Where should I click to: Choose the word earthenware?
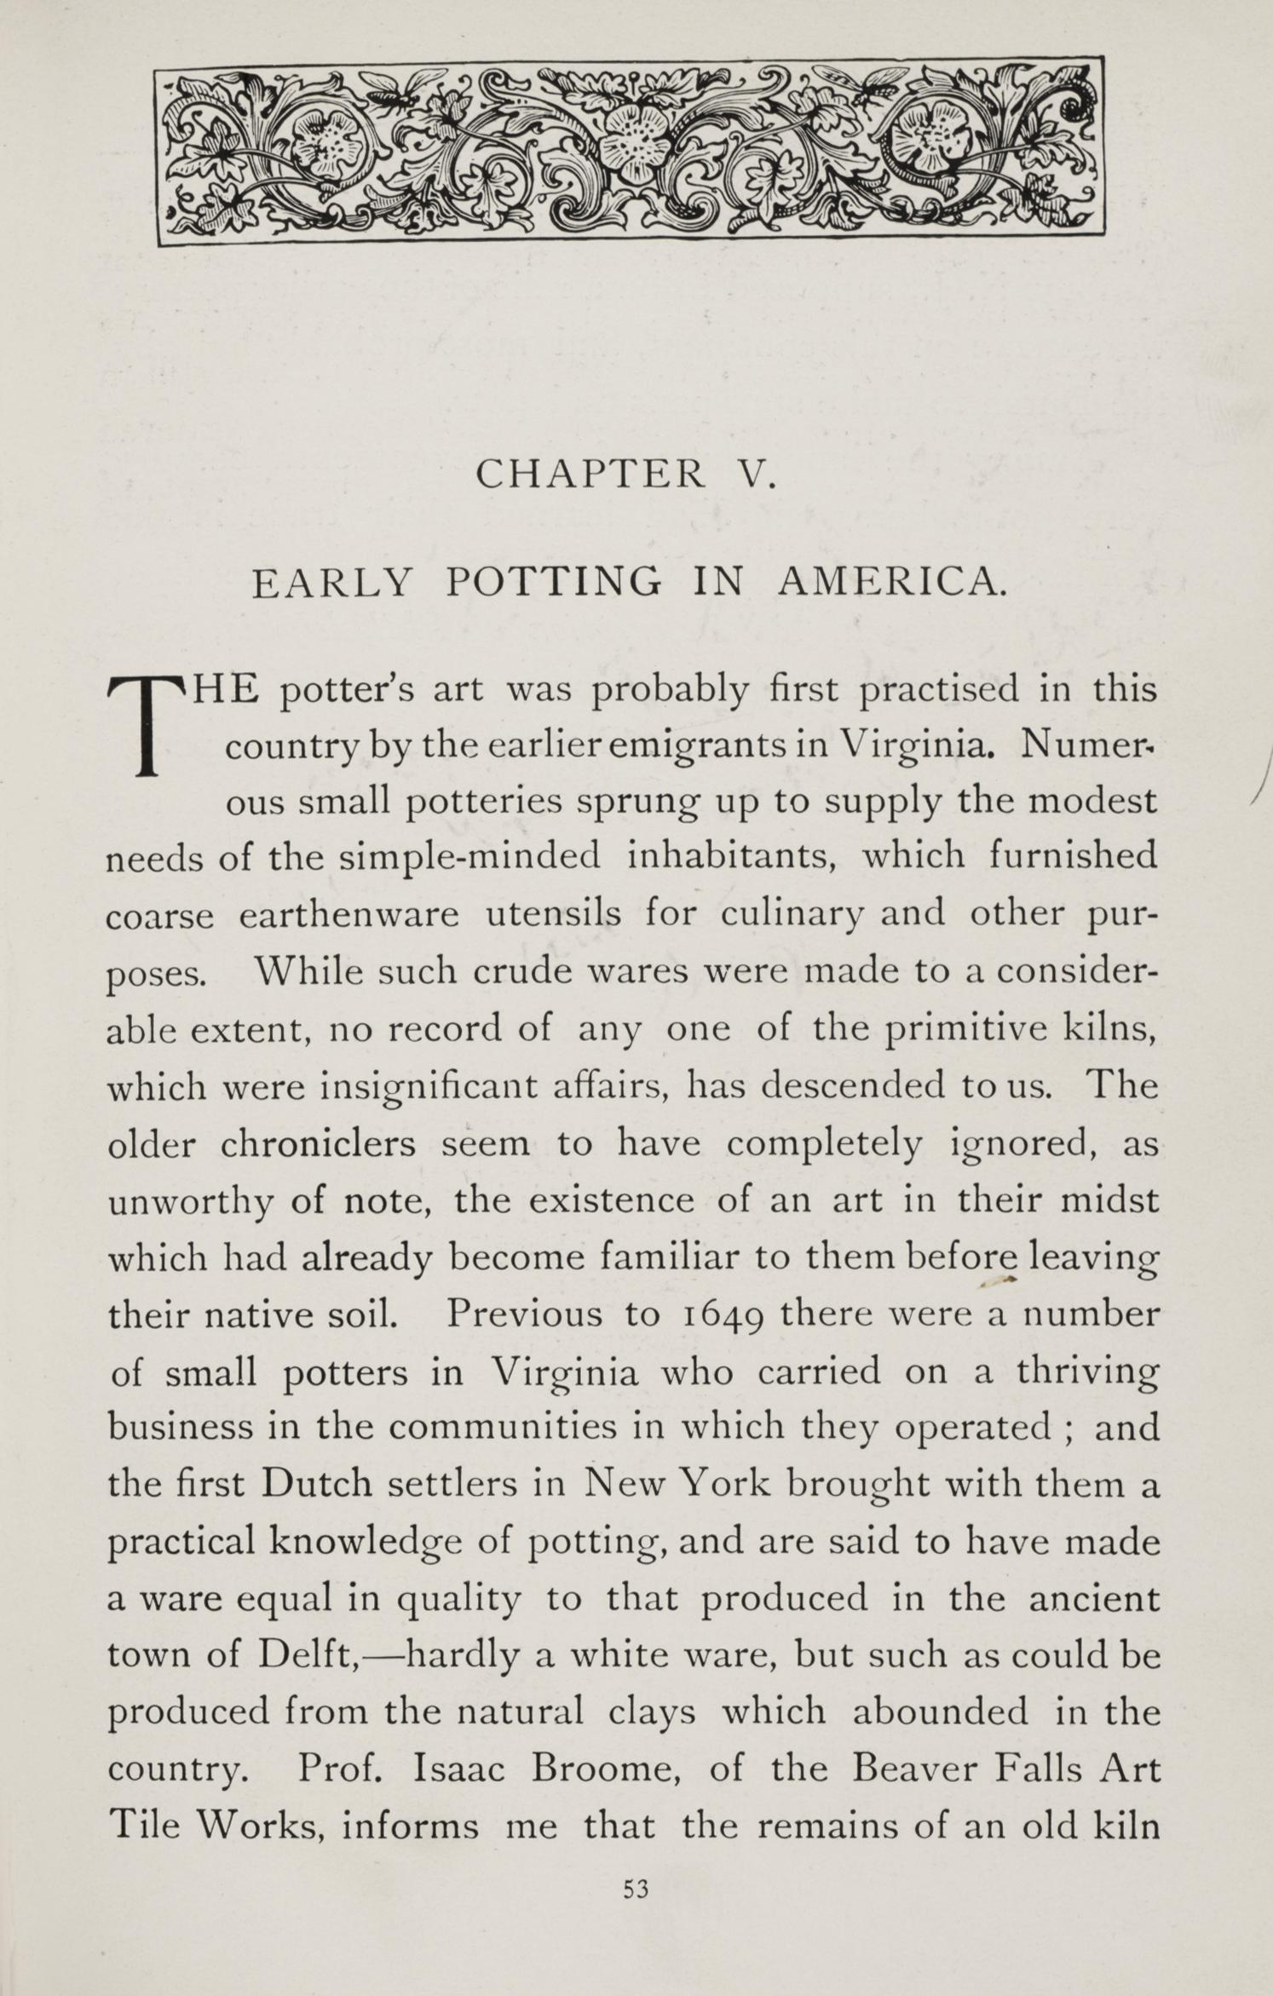(349, 916)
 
